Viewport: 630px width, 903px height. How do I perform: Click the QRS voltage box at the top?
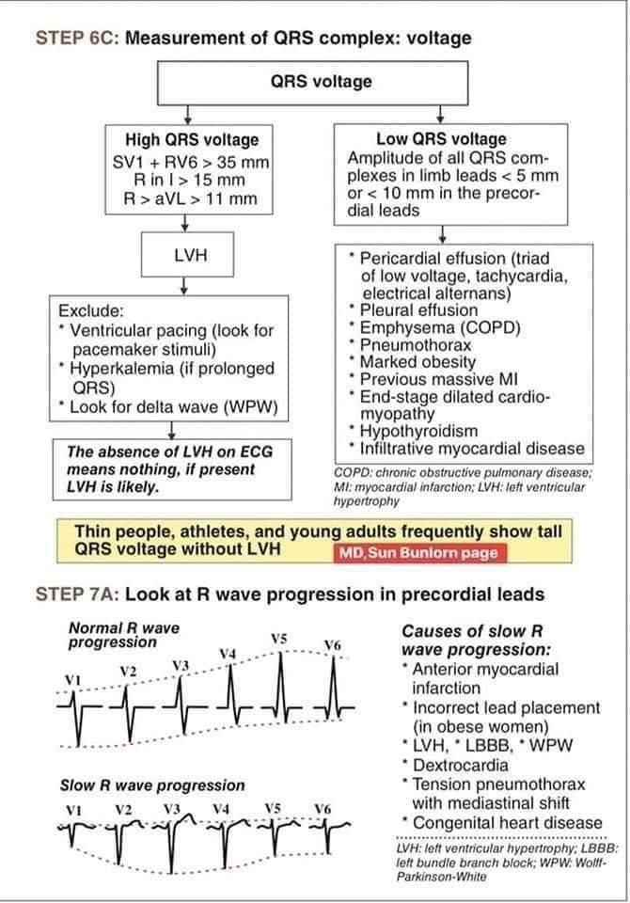(x=321, y=82)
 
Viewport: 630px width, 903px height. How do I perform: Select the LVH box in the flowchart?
(x=189, y=255)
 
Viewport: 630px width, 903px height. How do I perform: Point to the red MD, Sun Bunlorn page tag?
(x=417, y=552)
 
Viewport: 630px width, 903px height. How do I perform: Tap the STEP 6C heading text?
(x=252, y=39)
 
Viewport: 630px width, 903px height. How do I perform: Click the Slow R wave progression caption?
(x=152, y=784)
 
